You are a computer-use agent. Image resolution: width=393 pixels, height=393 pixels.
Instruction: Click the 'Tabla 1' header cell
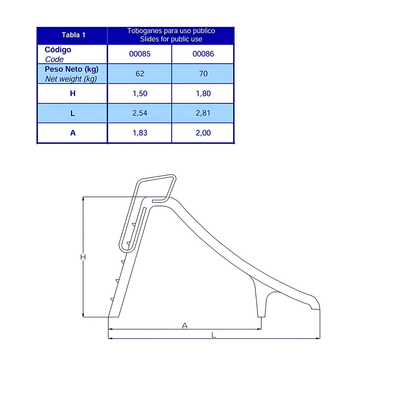pos(74,35)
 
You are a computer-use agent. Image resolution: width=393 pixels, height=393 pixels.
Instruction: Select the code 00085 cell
pos(140,54)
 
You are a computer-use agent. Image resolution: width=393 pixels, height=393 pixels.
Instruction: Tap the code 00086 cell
pos(203,54)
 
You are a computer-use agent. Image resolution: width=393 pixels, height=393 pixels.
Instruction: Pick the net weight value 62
pos(140,74)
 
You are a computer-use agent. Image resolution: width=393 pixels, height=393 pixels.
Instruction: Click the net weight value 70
pos(203,74)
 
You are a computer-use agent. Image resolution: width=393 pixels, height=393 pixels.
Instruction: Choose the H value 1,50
pos(140,94)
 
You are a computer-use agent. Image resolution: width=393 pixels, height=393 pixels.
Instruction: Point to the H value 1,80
pos(203,94)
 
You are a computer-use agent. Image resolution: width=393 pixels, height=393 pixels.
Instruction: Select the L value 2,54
pos(140,113)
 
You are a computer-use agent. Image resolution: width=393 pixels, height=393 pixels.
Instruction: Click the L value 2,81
pos(203,113)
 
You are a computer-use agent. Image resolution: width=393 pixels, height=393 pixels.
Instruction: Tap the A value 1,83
pos(140,133)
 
